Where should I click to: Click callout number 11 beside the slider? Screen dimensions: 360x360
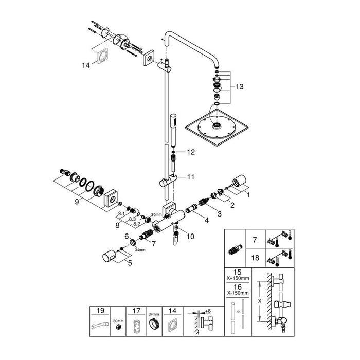coord(190,177)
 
